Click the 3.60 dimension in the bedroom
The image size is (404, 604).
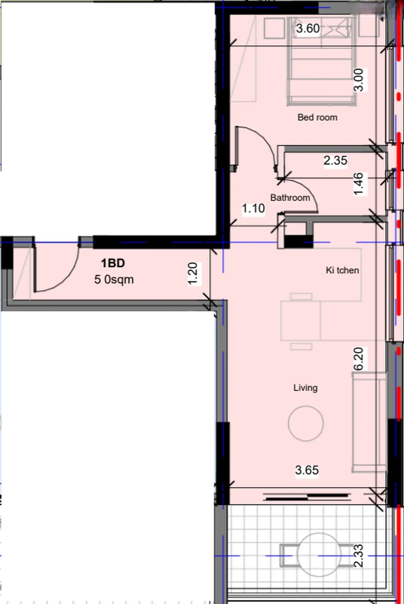[308, 28]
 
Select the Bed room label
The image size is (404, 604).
[318, 117]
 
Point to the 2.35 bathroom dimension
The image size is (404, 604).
[335, 160]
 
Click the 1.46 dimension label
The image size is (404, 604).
[359, 184]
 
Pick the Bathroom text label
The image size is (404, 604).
[290, 198]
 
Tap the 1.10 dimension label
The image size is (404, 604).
[253, 209]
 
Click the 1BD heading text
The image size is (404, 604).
[113, 263]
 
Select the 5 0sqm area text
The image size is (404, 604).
[114, 280]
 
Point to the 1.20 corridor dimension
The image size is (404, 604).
[193, 274]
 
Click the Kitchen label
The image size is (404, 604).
[342, 270]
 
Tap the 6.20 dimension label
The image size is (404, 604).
[359, 359]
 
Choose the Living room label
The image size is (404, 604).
[305, 388]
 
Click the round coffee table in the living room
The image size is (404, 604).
[305, 423]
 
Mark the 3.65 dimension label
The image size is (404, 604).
[307, 470]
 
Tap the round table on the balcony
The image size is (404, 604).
[319, 554]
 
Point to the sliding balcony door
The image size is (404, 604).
[307, 497]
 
